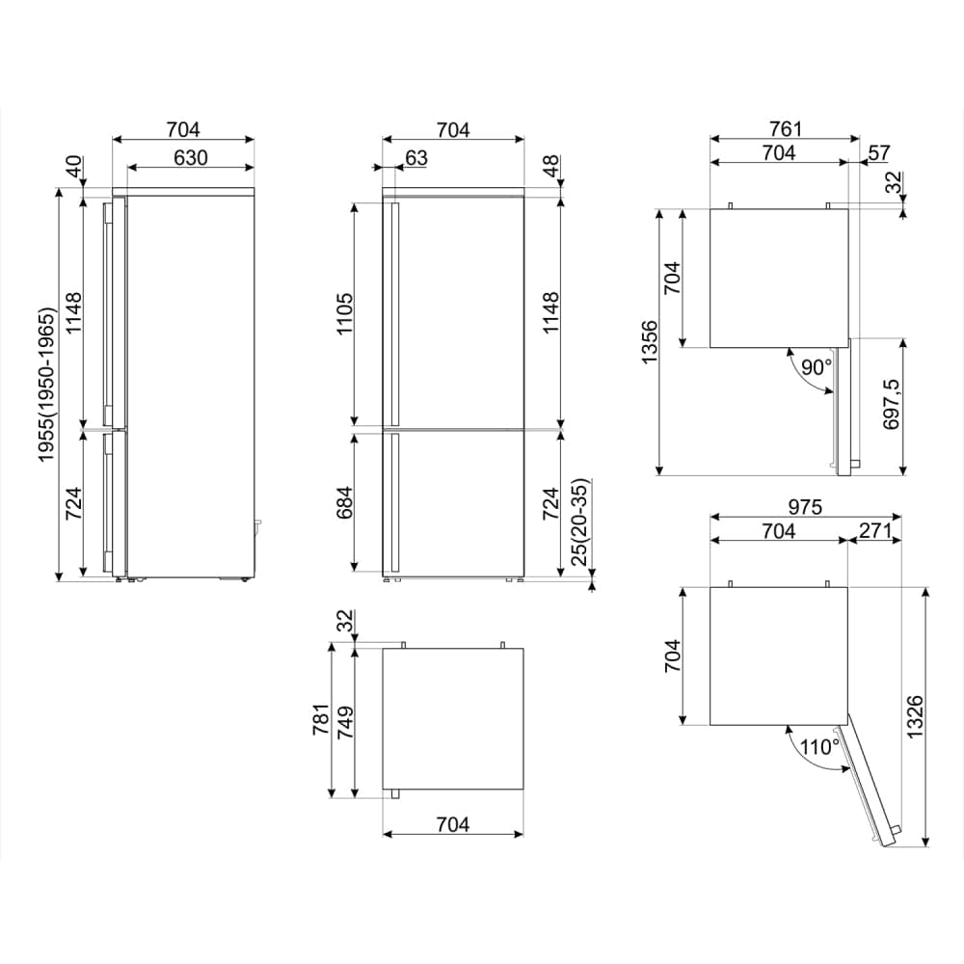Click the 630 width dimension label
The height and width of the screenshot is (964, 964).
coord(191,158)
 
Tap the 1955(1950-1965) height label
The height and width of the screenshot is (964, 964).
coord(46,385)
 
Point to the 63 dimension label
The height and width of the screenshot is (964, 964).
coord(416,158)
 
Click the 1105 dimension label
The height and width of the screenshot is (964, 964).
coord(344,313)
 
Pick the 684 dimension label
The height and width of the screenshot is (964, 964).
coord(344,502)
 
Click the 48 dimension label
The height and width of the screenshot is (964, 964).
coord(550,166)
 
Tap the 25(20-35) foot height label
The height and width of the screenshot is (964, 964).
coord(579,522)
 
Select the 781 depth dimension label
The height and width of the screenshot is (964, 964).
coord(321,720)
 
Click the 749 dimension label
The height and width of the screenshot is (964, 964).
coord(344,722)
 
